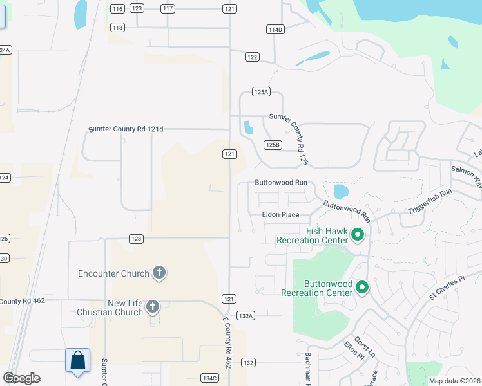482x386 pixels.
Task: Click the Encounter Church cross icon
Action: (159, 273)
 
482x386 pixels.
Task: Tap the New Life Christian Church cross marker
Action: (153, 307)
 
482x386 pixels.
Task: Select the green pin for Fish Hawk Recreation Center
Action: (358, 236)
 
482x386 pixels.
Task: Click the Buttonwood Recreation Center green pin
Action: (362, 288)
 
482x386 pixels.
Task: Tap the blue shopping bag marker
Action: (77, 362)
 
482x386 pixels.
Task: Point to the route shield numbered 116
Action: (117, 8)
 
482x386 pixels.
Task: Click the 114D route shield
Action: (275, 30)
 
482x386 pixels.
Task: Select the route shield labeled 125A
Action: (261, 93)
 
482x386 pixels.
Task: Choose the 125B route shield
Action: (273, 145)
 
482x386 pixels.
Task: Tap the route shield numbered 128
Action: (135, 239)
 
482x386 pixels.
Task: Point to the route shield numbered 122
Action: (252, 57)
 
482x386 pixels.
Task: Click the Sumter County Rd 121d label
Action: (126, 129)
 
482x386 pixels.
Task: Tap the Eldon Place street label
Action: (280, 214)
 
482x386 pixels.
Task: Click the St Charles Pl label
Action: (447, 287)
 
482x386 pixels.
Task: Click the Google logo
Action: (21, 378)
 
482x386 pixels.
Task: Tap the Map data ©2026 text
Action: (455, 381)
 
